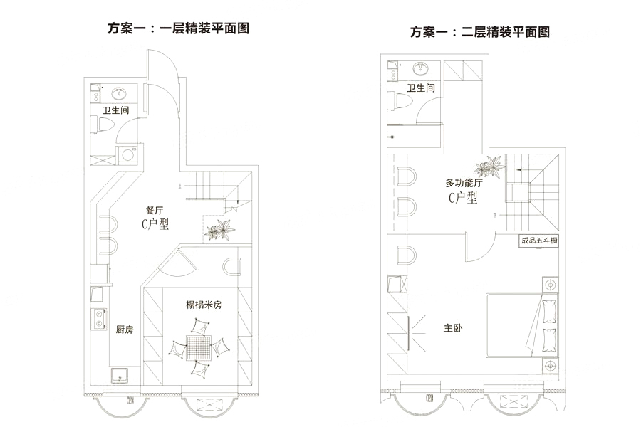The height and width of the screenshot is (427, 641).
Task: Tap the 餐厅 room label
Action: tap(155, 211)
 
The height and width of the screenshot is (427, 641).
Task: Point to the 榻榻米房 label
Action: tap(204, 305)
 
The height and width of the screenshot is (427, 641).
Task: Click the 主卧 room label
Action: tap(453, 328)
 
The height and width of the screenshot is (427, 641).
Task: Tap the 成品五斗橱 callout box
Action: tap(538, 241)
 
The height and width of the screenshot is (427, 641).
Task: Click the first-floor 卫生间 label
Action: tap(115, 111)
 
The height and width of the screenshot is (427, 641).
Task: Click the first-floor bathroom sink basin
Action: tap(118, 93)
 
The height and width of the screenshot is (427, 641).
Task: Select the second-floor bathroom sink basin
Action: tap(421, 69)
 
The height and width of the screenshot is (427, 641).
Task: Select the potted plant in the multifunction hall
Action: tap(491, 168)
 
